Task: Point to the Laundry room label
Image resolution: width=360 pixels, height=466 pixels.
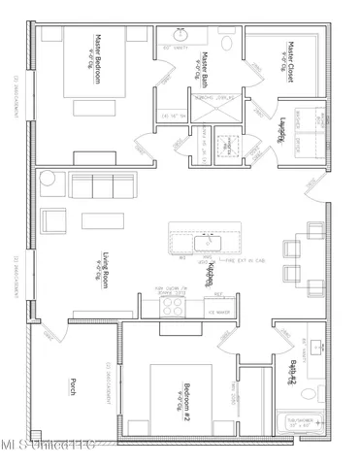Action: tap(282, 130)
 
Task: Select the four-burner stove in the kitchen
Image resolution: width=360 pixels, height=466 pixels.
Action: tap(172, 307)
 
